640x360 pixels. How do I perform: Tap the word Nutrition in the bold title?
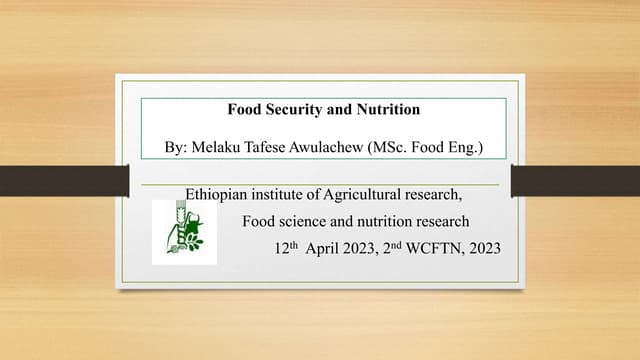point(386,109)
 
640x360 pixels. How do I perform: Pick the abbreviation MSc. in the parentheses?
point(406,149)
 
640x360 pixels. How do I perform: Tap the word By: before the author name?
point(178,149)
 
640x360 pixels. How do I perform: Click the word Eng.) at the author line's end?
point(469,149)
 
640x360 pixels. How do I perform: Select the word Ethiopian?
point(217,194)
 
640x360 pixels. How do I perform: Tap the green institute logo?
point(183,231)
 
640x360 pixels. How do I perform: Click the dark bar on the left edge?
point(54,180)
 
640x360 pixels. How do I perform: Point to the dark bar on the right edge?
point(575,180)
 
